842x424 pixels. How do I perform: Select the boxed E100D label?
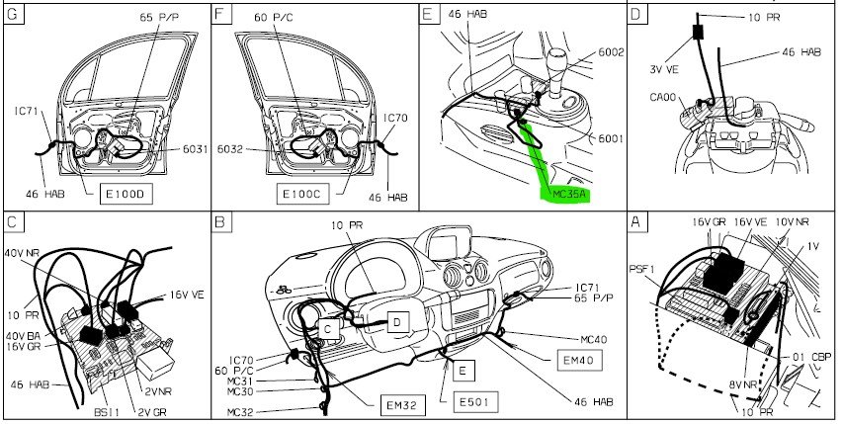[x=126, y=194]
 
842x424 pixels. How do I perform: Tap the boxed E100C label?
[x=302, y=194]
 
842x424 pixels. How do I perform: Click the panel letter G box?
[x=14, y=14]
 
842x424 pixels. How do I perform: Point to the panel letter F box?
[x=221, y=14]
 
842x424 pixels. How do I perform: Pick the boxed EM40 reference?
[x=578, y=360]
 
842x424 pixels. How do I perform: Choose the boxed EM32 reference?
[x=402, y=404]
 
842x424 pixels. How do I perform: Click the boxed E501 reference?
[x=475, y=401]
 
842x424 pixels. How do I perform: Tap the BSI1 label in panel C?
[x=107, y=413]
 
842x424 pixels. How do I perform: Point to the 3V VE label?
[x=664, y=69]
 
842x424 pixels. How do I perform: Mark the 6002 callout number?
[x=611, y=52]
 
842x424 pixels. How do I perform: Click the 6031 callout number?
[x=196, y=149]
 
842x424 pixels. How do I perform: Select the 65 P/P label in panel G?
[x=159, y=17]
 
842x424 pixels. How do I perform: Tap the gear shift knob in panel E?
[x=556, y=58]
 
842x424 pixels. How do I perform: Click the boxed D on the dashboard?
[x=397, y=322]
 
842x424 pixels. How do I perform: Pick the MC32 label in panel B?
[x=240, y=413]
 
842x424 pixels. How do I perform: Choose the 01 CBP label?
[x=812, y=357]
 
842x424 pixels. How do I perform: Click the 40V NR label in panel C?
[x=22, y=252]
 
